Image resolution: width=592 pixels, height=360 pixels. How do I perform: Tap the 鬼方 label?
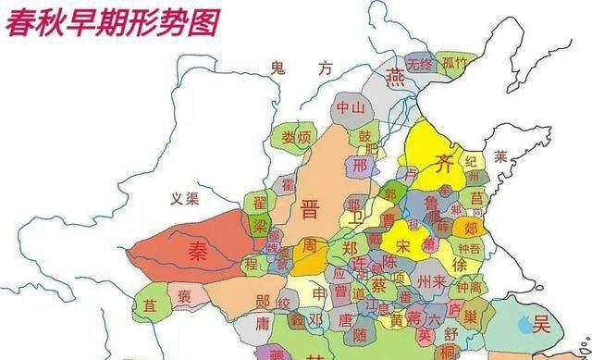pos(299,67)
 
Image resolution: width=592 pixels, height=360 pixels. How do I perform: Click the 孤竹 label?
pos(454,64)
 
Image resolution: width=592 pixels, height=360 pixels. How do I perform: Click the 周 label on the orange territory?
pos(311,247)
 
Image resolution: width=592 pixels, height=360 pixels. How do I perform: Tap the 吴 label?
pos(541,323)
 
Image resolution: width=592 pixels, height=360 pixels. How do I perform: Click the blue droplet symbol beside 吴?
pos(525,325)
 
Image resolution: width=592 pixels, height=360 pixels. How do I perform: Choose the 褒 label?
pos(184,297)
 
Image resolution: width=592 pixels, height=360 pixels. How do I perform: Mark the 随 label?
pos(359,335)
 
